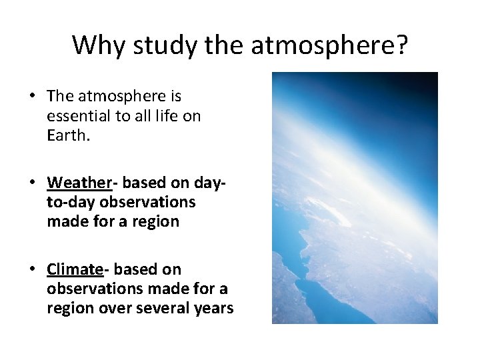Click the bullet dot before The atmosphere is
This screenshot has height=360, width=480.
32,97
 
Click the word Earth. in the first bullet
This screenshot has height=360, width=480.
65,135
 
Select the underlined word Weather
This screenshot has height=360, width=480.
77,183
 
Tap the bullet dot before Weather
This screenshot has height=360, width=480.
32,183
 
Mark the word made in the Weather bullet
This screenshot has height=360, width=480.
65,221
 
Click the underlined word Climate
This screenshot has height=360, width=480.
75,269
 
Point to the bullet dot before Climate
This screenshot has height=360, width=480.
32,269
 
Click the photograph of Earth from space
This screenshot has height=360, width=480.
355,198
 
